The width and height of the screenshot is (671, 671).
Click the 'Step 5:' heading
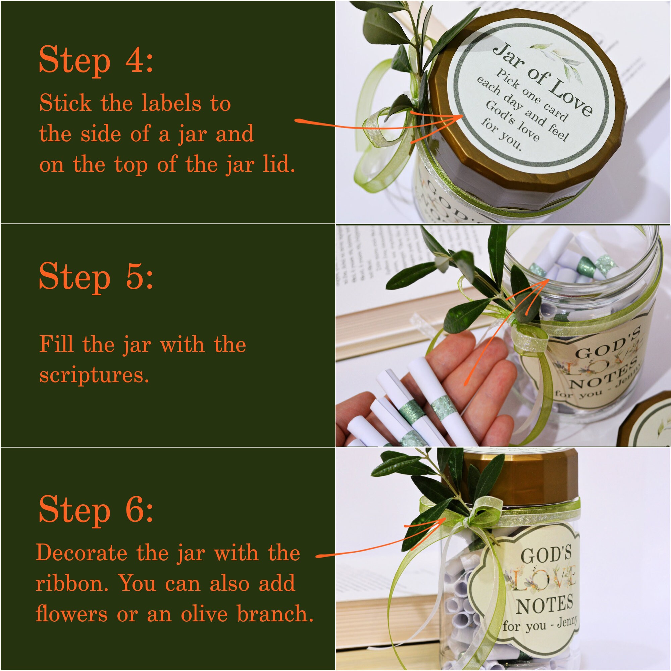click(96, 276)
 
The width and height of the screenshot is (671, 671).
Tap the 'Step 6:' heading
click(96, 510)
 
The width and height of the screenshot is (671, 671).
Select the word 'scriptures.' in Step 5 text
click(94, 375)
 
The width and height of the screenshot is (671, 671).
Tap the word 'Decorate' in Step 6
click(81, 553)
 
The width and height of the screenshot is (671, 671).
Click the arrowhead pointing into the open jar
click(544, 283)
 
